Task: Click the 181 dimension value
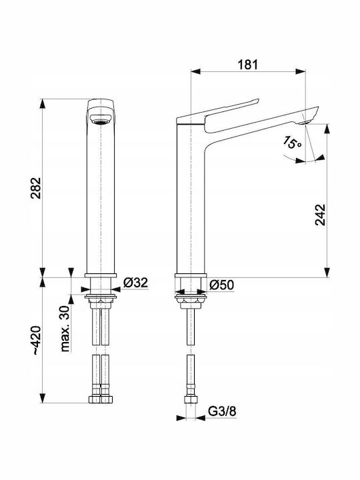(x=247, y=65)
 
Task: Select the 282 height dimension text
(x=36, y=188)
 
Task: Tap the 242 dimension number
(x=320, y=215)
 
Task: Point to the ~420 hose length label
(x=37, y=340)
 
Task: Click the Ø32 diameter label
(x=135, y=283)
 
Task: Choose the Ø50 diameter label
(x=221, y=285)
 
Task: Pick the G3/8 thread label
(x=222, y=411)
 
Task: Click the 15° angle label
(x=293, y=143)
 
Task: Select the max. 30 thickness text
(x=65, y=328)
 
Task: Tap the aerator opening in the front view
(x=100, y=119)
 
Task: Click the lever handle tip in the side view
(x=257, y=101)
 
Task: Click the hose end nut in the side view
(x=191, y=400)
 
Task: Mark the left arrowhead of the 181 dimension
(x=195, y=71)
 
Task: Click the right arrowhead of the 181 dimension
(x=301, y=71)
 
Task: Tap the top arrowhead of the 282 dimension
(x=43, y=103)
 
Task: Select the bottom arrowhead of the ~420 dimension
(x=43, y=398)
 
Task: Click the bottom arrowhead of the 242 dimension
(x=327, y=273)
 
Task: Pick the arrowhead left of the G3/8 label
(x=181, y=418)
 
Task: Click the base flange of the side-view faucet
(x=191, y=275)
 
